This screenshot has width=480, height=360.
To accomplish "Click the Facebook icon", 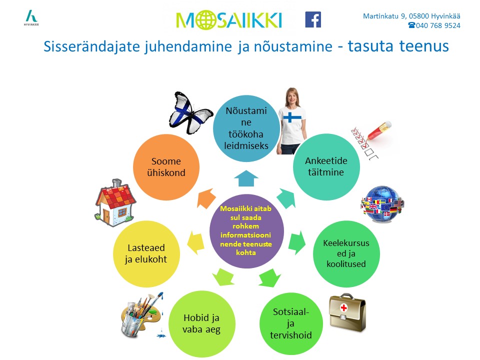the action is click(313, 19).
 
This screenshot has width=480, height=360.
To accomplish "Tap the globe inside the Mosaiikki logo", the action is click(203, 20).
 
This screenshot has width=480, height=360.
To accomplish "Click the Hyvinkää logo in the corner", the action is click(31, 18).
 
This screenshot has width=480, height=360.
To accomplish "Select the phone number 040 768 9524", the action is click(438, 25).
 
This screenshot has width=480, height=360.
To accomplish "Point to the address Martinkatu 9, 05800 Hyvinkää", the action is click(411, 16).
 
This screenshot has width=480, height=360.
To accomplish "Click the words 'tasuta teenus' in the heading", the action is click(398, 46).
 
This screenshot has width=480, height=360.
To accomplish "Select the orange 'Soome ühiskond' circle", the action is click(166, 167).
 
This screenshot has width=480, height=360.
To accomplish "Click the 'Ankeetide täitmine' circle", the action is click(326, 167).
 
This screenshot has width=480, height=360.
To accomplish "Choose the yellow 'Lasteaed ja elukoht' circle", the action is click(146, 254).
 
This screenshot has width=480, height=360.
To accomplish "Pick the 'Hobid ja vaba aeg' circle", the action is click(201, 324).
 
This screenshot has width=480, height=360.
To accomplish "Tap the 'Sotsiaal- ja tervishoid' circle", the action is click(291, 324).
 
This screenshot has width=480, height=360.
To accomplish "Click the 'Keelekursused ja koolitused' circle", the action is click(346, 254).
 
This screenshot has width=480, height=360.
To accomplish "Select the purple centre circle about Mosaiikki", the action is click(246, 231).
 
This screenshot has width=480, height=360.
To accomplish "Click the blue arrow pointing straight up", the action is click(246, 179).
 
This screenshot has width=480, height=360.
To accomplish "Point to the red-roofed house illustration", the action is click(115, 203).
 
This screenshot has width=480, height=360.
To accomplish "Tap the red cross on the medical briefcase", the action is click(344, 307).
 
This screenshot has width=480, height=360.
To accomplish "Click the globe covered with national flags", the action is click(382, 204).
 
